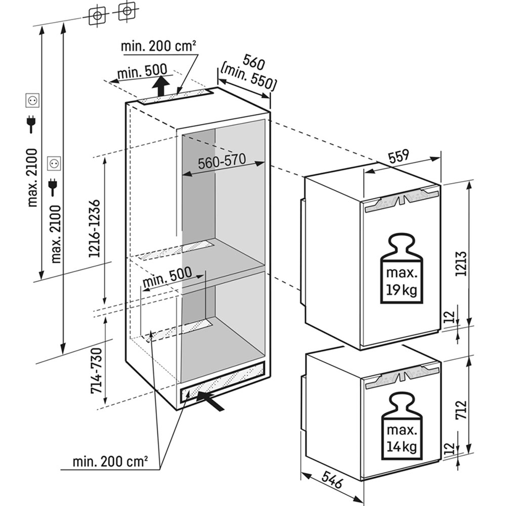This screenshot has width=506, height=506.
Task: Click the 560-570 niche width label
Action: pos(221,162)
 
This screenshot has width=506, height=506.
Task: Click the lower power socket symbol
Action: pos(53,163)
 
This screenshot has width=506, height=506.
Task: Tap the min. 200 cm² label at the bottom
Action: pos(110,462)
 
